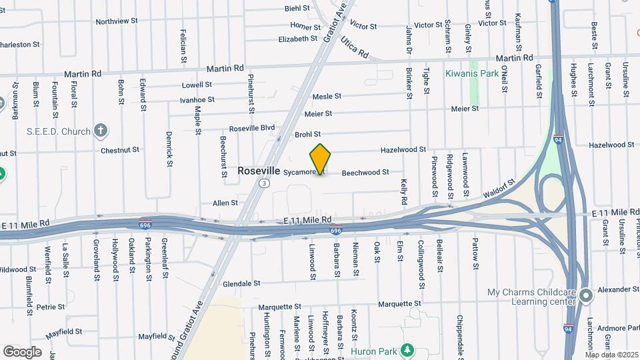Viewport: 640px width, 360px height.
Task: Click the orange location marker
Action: click(x=321, y=159)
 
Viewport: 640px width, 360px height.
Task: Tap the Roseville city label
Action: click(x=259, y=171)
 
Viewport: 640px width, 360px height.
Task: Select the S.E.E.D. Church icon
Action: click(x=101, y=131)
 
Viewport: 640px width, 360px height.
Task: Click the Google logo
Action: click(x=22, y=352)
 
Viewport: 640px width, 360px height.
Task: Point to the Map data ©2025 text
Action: click(x=611, y=355)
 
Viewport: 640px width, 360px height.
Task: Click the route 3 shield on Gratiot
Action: click(x=265, y=183)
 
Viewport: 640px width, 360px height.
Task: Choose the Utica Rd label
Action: click(x=355, y=47)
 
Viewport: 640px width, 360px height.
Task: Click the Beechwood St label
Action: click(x=365, y=173)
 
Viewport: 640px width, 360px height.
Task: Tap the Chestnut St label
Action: click(x=120, y=151)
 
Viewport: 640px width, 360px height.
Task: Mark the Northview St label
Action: click(x=117, y=21)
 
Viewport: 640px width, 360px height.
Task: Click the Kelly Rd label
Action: click(x=404, y=191)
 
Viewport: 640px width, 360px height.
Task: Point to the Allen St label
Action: click(x=225, y=203)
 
